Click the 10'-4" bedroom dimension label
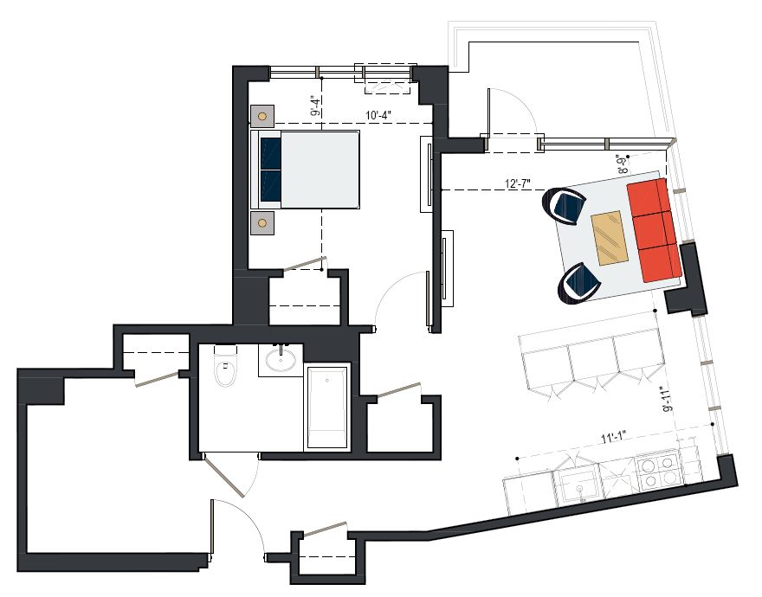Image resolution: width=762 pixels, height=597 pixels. pos(378,116)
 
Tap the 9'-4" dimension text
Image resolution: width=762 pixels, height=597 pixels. pos(316,106)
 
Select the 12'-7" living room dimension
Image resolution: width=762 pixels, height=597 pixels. pos(518,184)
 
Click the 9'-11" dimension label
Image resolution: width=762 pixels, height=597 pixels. pos(668,400)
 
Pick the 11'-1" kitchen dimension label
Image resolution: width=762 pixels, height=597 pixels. pos(612,438)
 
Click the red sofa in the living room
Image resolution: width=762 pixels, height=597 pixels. pos(653,230)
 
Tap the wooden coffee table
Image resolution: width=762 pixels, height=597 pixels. pos(610,238)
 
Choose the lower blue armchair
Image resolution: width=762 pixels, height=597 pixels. pos(579,284)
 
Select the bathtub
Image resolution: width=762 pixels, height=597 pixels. pos(327,408)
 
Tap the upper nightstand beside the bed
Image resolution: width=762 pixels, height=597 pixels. pos(262,116)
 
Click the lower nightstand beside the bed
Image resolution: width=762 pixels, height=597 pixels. pos(262,223)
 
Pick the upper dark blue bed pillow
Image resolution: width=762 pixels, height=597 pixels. pos(271,153)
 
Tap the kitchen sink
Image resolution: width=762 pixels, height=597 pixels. pos(578,484)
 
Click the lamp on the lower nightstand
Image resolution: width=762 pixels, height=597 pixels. pos(262,223)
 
